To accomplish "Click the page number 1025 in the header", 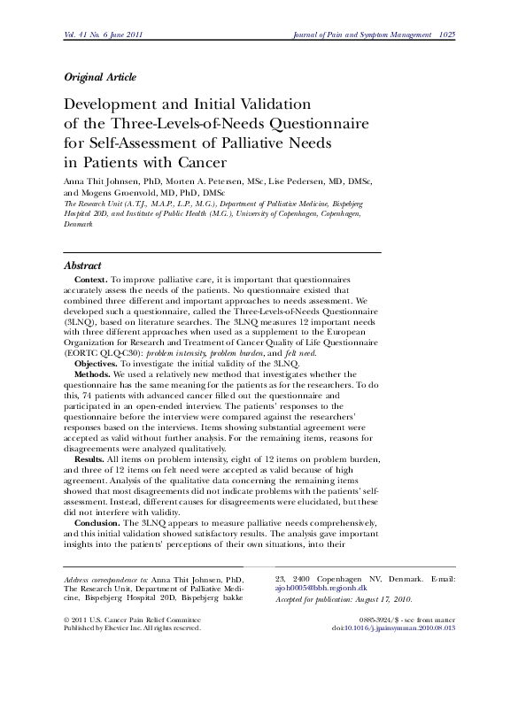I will click(449, 34).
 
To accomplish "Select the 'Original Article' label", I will click(100, 78).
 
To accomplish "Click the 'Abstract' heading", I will click(83, 266).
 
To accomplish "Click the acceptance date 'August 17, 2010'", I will click(391, 623).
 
